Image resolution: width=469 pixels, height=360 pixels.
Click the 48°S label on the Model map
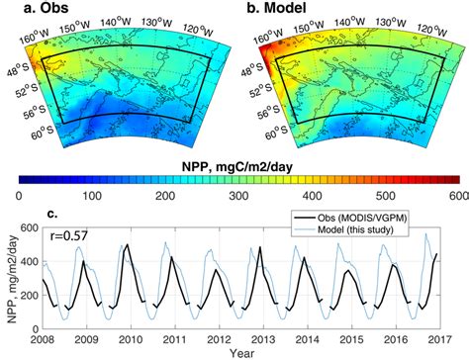click(254, 71)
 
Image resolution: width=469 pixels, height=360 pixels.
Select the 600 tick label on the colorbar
click(454, 195)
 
